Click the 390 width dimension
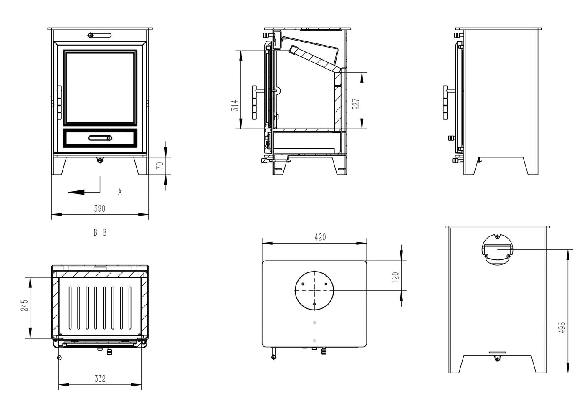pos(99,208)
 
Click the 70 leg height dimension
pos(159,165)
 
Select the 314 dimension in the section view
pos(235,104)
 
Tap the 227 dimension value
pos(355,104)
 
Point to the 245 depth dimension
pos(24,305)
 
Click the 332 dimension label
pos(100,379)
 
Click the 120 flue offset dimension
pos(396,276)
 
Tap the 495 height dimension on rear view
pos(562,327)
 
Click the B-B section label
pos(100,233)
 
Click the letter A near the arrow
pos(120,192)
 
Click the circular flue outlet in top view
pos(314,290)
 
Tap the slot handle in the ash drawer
pos(100,138)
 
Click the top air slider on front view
pos(100,35)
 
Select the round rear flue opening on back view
pos(497,249)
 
